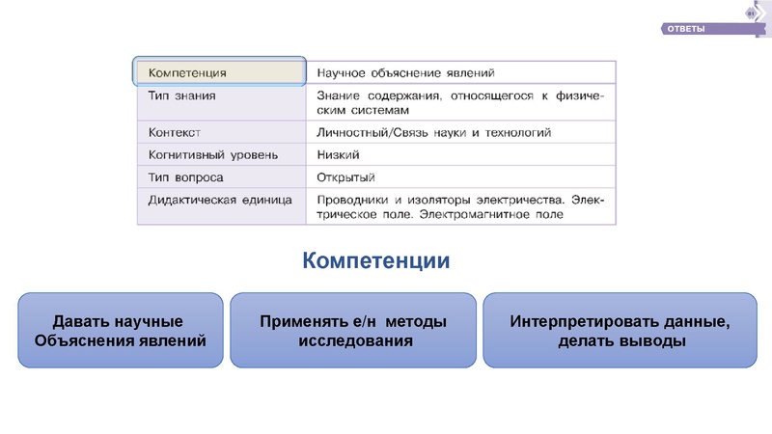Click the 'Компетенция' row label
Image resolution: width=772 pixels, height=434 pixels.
[x=187, y=72]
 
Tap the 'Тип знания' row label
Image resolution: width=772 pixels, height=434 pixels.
[x=181, y=96]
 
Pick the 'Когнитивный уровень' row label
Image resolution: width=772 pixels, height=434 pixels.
[x=213, y=154]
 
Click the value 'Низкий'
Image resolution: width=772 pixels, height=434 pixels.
[x=338, y=154]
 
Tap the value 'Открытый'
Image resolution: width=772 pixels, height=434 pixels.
[x=345, y=177]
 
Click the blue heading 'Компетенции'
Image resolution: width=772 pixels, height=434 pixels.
[x=376, y=261]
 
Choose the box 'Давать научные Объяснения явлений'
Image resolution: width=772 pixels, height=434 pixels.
[x=121, y=330]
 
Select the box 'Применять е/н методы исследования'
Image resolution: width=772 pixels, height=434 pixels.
[x=353, y=330]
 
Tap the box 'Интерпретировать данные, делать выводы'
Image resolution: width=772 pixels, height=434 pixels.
[x=620, y=330]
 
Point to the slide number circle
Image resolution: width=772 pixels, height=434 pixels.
[x=752, y=13]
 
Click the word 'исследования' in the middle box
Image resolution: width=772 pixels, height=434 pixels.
[x=354, y=340]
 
